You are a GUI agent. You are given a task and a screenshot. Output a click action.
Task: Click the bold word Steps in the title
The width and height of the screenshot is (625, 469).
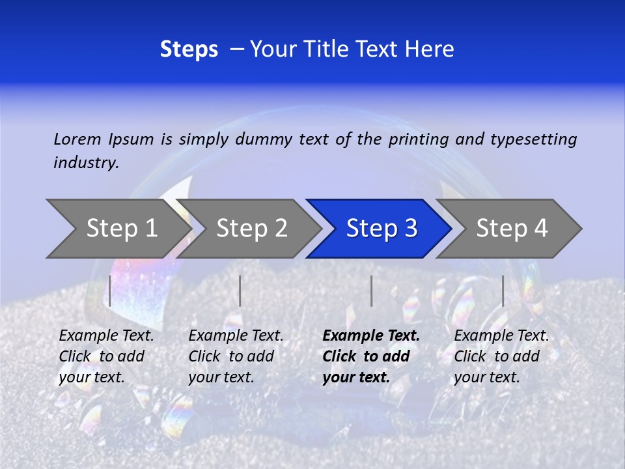189,50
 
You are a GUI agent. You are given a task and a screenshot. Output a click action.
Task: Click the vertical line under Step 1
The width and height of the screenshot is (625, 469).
110,291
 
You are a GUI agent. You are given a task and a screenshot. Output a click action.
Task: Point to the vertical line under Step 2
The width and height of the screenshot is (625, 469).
240,291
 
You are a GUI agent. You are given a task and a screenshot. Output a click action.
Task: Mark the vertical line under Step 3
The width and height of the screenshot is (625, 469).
371,291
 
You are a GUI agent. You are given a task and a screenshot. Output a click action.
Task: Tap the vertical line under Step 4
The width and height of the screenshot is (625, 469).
503,291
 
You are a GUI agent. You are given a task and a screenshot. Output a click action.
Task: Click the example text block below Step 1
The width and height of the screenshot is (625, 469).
106,356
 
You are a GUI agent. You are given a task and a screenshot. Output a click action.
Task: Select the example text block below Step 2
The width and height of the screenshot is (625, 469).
236,356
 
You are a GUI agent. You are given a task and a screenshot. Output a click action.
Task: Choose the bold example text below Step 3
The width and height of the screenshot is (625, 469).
371,356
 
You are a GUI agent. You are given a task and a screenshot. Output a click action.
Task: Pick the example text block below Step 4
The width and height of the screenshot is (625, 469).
501,356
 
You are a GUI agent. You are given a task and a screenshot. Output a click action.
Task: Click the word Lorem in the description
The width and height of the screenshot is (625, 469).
77,139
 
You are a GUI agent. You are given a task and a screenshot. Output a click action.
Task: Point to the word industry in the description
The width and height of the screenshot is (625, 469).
86,162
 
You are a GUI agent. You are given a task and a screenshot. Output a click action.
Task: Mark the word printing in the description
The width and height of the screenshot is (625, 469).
419,139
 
